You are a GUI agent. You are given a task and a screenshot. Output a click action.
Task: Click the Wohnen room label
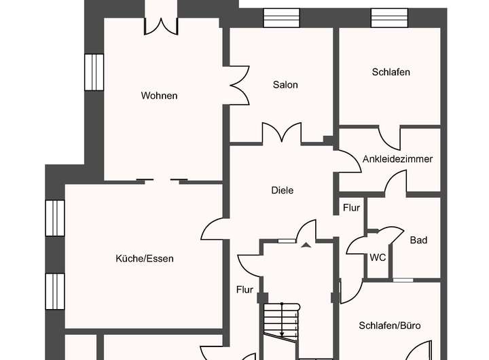pyautogui.click(x=159, y=96)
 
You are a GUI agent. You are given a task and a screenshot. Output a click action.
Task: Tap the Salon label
pyautogui.click(x=285, y=85)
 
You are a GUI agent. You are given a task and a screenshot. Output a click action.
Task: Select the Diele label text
pyautogui.click(x=282, y=191)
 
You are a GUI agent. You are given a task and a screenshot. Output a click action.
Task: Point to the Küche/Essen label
pyautogui.click(x=145, y=259)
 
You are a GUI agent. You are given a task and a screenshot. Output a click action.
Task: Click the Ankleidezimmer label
pyautogui.click(x=398, y=159)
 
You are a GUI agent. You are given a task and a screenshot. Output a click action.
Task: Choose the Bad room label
pyautogui.click(x=418, y=240)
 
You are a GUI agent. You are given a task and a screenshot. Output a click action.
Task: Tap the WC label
pyautogui.click(x=378, y=258)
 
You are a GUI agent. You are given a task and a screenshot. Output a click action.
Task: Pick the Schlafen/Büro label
pyautogui.click(x=390, y=326)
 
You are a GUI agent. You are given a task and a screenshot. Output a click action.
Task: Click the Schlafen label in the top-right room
pyautogui.click(x=391, y=72)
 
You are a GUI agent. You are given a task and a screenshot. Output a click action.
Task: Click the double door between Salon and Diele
pyautogui.click(x=281, y=133)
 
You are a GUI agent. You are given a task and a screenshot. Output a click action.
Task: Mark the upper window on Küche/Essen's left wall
pyautogui.click(x=54, y=218)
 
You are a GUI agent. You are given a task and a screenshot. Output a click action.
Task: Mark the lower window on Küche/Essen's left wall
pyautogui.click(x=54, y=291)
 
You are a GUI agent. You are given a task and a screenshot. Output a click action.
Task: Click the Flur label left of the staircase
pyautogui.click(x=244, y=290)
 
